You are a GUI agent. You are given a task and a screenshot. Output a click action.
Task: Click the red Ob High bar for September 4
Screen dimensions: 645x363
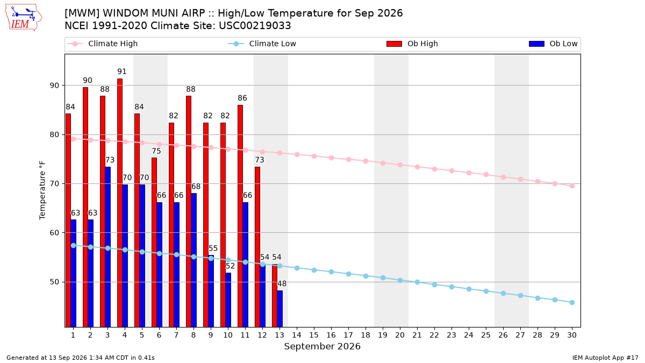click(x=120, y=203)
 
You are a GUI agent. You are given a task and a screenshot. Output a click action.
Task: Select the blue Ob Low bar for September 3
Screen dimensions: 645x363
click(x=107, y=247)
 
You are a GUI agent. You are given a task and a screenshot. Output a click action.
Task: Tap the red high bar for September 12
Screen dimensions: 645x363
click(x=257, y=247)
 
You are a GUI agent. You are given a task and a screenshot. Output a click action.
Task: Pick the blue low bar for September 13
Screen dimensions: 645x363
click(x=280, y=309)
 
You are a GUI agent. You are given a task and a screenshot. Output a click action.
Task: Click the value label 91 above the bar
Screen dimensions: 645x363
click(x=122, y=72)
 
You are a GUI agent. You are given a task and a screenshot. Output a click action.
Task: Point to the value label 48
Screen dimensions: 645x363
click(x=282, y=284)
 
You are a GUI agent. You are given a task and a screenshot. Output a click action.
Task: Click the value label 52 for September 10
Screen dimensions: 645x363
click(x=231, y=266)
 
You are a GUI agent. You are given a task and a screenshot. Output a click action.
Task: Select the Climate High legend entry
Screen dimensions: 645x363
click(x=103, y=44)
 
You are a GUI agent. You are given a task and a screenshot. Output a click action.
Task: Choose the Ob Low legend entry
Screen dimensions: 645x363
click(x=553, y=44)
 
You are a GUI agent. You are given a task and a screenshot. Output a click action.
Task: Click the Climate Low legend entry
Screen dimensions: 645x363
click(x=262, y=44)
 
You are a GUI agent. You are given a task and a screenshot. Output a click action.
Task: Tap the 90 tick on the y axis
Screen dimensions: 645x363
click(x=54, y=86)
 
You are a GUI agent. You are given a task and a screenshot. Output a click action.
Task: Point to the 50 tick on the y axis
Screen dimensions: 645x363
click(x=54, y=282)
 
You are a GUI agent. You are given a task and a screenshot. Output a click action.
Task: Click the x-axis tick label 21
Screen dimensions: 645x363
click(x=417, y=336)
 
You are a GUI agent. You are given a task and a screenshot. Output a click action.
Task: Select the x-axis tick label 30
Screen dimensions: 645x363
click(x=572, y=336)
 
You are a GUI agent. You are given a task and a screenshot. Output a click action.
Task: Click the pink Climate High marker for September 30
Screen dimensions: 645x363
click(x=572, y=186)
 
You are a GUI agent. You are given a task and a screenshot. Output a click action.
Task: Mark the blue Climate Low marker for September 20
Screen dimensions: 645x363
click(x=400, y=280)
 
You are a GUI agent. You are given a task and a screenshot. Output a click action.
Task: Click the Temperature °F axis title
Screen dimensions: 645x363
click(x=42, y=190)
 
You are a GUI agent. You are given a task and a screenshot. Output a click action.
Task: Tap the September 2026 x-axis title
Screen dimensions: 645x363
click(x=322, y=346)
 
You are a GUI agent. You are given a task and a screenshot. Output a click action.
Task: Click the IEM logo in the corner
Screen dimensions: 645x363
click(x=23, y=18)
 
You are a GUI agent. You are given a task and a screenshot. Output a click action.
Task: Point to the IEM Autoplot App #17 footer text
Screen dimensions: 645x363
click(x=605, y=358)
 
